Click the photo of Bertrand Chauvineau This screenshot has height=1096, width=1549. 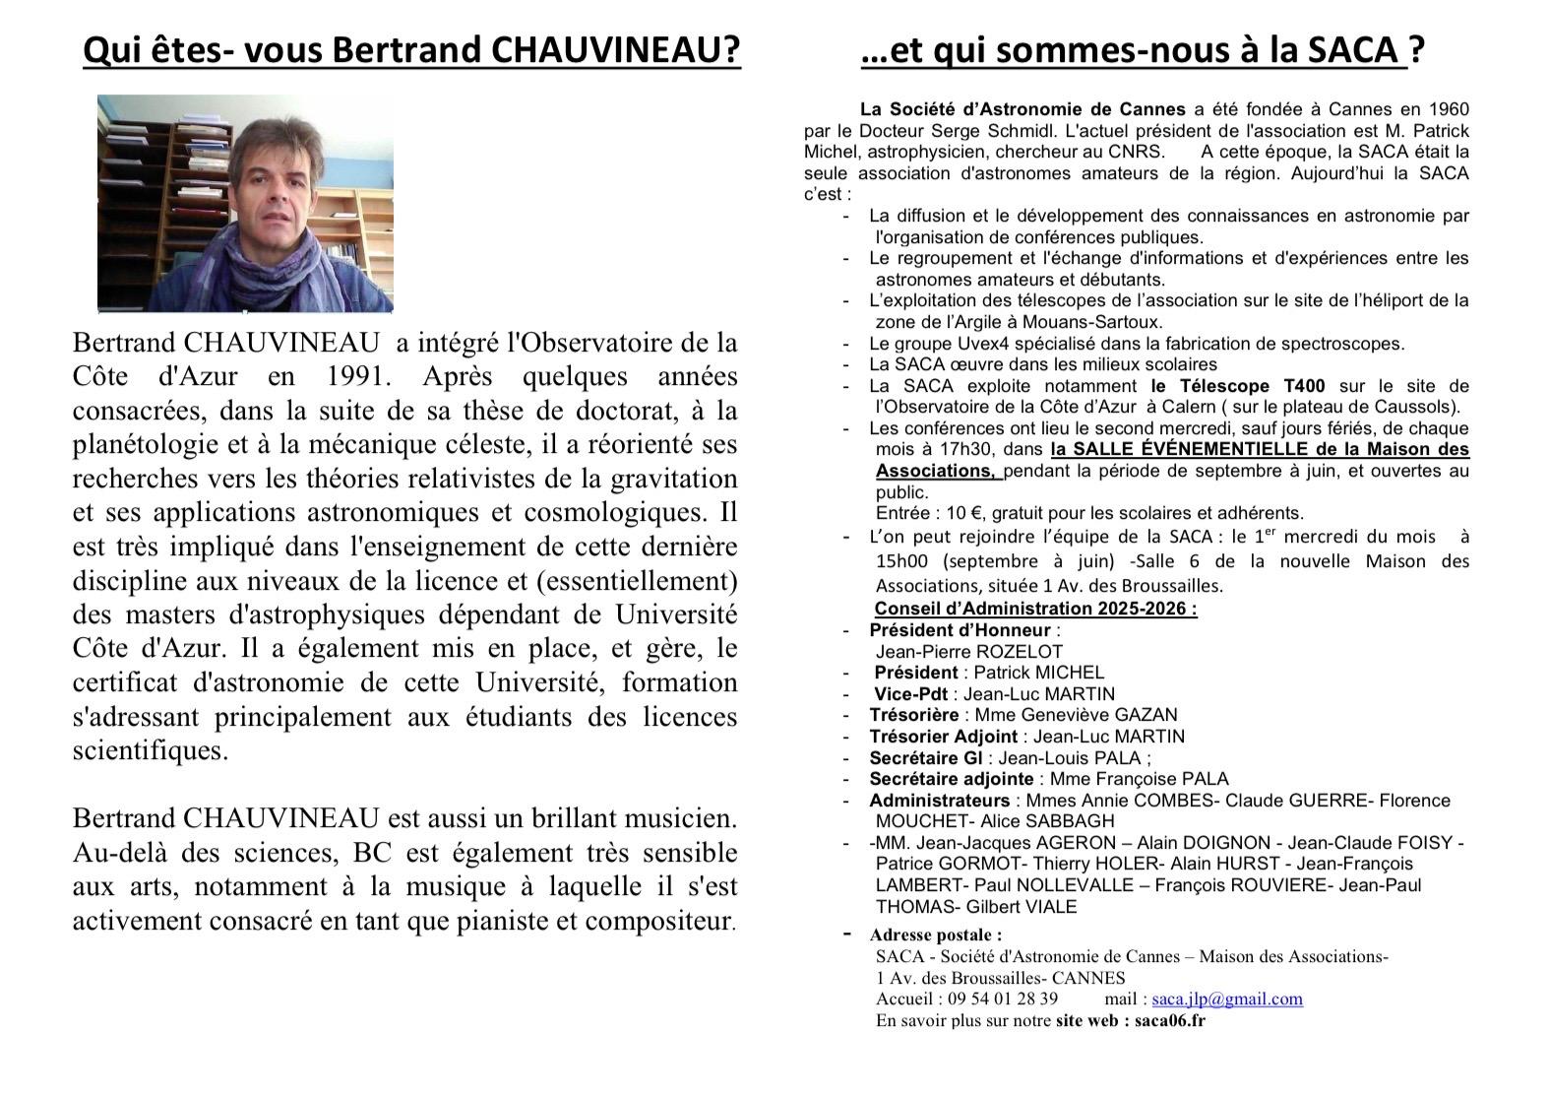245,203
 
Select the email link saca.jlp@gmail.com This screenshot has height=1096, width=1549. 1227,999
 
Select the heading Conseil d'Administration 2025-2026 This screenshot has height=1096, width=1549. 1035,608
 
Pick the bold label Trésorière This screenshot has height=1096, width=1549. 913,715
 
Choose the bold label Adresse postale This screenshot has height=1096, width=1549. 935,935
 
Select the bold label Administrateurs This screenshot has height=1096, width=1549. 939,801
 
